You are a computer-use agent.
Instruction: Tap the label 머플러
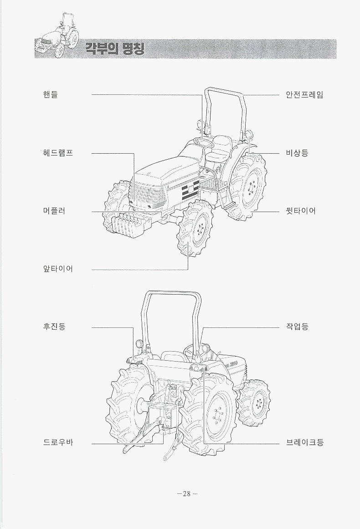tap(54, 211)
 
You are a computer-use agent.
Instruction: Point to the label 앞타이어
tap(57, 269)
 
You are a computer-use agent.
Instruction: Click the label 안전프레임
tap(304, 95)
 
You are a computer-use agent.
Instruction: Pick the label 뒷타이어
tap(301, 211)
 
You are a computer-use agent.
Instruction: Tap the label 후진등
tap(54, 327)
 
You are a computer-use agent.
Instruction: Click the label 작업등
tap(297, 327)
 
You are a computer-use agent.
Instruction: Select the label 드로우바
tap(57, 442)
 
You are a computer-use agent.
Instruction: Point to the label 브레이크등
tap(304, 442)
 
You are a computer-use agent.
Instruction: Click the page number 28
tap(186, 494)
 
